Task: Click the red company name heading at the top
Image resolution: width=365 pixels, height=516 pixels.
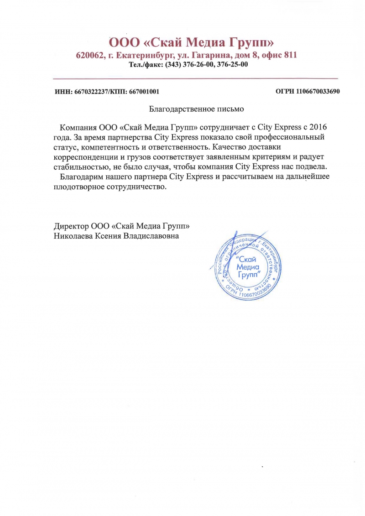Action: pyautogui.click(x=191, y=43)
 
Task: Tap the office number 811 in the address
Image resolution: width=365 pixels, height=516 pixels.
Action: pyautogui.click(x=290, y=56)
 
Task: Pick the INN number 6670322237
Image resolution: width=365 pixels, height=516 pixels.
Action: pyautogui.click(x=90, y=92)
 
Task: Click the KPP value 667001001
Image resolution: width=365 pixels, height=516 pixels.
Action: pyautogui.click(x=144, y=92)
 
